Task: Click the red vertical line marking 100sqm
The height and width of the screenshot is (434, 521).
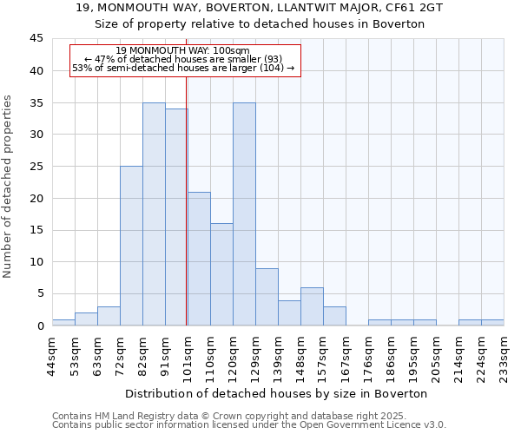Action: (x=187, y=217)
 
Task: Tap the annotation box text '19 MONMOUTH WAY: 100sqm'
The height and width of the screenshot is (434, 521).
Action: (x=183, y=50)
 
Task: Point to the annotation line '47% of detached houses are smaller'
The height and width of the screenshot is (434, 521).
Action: (x=183, y=59)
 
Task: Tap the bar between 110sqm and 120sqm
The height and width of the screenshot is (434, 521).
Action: (x=221, y=274)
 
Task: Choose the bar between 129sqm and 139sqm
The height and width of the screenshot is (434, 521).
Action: (x=267, y=297)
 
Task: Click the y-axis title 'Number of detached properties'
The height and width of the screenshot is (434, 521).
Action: (x=9, y=187)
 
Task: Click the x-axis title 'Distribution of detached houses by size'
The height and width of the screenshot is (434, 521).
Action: (x=278, y=393)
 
